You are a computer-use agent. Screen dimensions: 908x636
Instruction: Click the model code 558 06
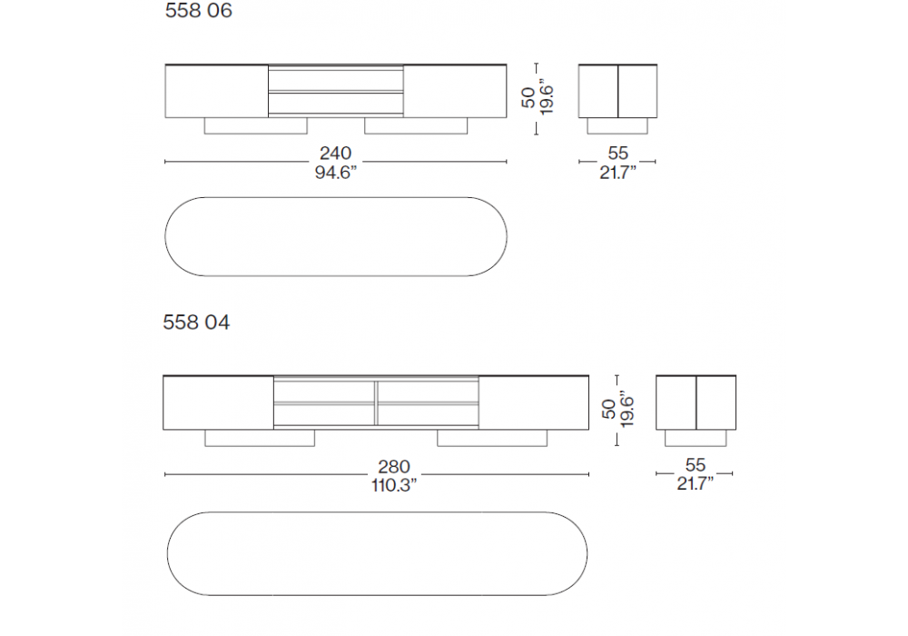point(199,10)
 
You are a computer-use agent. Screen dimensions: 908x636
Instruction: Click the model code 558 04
point(196,322)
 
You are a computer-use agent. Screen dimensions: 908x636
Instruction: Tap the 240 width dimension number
point(335,153)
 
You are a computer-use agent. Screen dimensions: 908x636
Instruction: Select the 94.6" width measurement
point(335,172)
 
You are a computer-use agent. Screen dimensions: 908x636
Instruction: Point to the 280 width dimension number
point(394,466)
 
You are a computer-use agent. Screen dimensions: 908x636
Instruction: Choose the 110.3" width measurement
point(394,485)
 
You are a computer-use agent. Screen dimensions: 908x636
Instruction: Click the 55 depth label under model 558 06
point(617,153)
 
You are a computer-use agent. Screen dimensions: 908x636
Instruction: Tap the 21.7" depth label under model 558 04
point(695,483)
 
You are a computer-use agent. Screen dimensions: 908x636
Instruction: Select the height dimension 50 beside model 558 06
point(528,96)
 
